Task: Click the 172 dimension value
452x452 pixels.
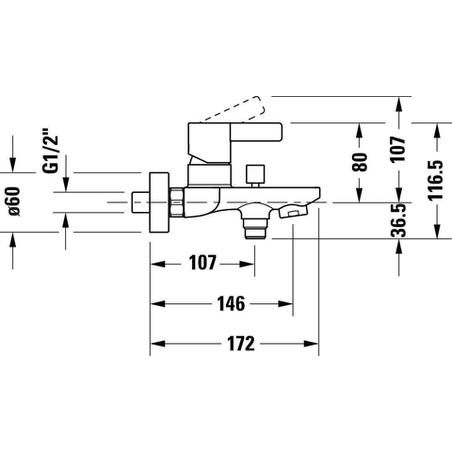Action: tap(241, 344)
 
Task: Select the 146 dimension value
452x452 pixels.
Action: tap(231, 304)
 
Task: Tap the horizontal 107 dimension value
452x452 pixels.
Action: tap(202, 263)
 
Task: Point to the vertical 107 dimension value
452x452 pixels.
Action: tap(398, 149)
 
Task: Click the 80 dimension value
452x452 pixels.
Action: tap(360, 162)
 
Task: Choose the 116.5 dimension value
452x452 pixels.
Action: tap(436, 180)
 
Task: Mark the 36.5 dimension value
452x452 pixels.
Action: tap(398, 219)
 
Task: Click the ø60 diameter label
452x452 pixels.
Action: tap(14, 202)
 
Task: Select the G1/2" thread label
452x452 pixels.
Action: tap(50, 151)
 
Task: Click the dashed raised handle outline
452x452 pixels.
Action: tap(234, 108)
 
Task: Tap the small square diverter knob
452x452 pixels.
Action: tap(255, 173)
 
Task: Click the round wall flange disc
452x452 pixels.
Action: tap(159, 202)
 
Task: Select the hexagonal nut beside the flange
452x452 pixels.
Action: tap(176, 202)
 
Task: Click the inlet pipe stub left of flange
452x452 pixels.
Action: tap(140, 202)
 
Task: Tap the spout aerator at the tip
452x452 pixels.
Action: tap(293, 211)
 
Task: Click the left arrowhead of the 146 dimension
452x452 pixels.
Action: tap(158, 304)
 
